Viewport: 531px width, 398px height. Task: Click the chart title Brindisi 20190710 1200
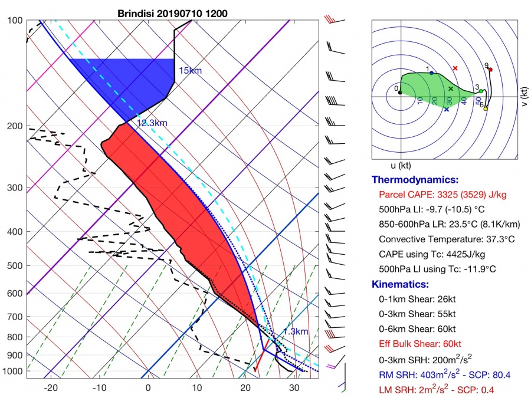[x=172, y=13]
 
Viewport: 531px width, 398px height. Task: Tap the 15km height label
[x=190, y=71]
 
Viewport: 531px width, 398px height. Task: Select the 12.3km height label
[x=153, y=123]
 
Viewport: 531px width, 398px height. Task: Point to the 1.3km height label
[x=295, y=331]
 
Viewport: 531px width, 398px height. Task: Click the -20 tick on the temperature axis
[x=51, y=387]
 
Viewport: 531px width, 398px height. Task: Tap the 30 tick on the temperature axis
[x=294, y=387]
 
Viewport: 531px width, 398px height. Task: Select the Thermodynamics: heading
[x=414, y=180]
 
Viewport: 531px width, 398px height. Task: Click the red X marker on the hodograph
[x=455, y=68]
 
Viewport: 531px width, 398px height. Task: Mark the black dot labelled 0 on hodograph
[x=401, y=92]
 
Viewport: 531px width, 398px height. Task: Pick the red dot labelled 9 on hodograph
[x=490, y=70]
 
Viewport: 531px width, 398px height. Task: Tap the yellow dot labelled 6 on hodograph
[x=486, y=108]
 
